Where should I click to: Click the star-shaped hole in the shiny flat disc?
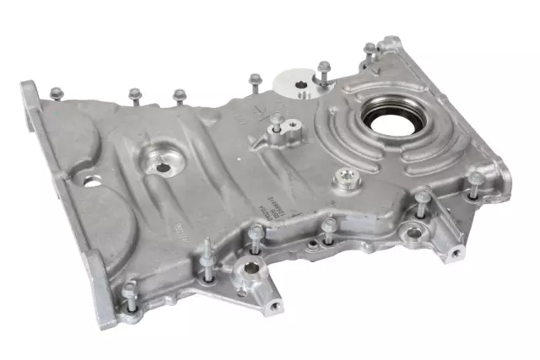[x=301, y=83]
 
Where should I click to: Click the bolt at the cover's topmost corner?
[x=369, y=52]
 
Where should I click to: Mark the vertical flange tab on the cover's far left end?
[x=31, y=110]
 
